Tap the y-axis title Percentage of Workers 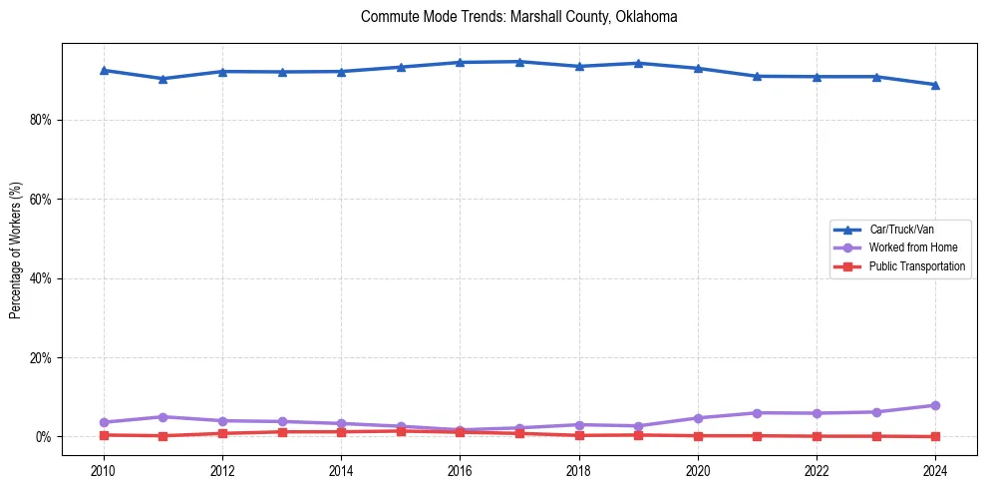tap(15, 250)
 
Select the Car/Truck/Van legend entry tap(901, 230)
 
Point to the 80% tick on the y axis tap(41, 120)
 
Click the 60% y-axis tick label tap(41, 200)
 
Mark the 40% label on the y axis tap(41, 278)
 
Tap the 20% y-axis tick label tap(41, 358)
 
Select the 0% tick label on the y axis tap(44, 437)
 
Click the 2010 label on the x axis tap(103, 469)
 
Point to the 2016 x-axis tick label tap(460, 469)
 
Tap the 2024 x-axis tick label tap(935, 469)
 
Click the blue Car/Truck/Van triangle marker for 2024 tap(935, 85)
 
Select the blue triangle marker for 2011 tap(163, 79)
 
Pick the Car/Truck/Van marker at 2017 tap(519, 62)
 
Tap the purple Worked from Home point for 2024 tap(935, 405)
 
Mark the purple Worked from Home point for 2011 tap(163, 417)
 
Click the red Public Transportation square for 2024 tap(935, 436)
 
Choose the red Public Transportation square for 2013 tap(282, 432)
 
